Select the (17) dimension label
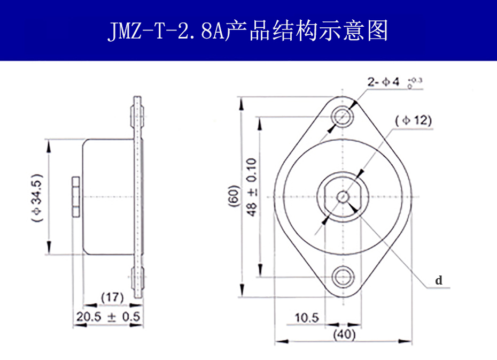[x=112, y=297]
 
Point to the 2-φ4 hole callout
[x=383, y=82]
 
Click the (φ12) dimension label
[x=413, y=120]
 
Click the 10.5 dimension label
[x=306, y=318]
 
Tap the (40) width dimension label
[x=344, y=335]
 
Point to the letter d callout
[x=438, y=280]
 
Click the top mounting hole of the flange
[x=343, y=115]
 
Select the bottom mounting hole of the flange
[x=343, y=277]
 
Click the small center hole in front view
[x=343, y=196]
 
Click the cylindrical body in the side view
[x=107, y=197]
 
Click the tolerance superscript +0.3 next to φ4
[x=416, y=81]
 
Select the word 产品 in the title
[x=241, y=31]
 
